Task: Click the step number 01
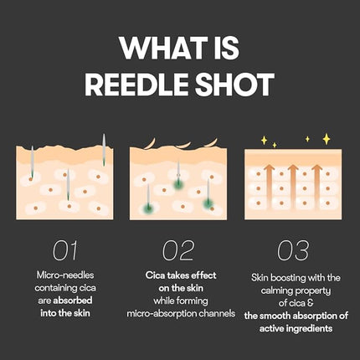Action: tap(65, 249)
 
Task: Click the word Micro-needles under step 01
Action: tap(65, 275)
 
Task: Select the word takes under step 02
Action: tap(175, 275)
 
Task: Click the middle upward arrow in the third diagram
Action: tap(295, 179)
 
